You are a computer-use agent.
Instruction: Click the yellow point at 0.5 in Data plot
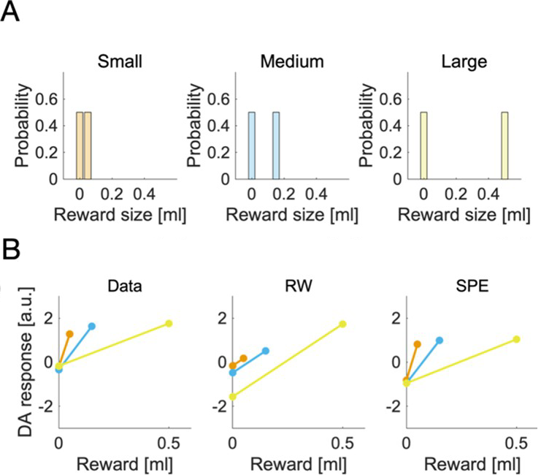click(169, 324)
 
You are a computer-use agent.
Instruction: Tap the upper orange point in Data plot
click(69, 334)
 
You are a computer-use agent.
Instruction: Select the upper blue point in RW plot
click(266, 351)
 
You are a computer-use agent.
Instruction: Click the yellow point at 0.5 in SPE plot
click(517, 339)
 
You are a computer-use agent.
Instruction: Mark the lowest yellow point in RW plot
click(233, 397)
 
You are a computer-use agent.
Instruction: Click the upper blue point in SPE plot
click(440, 341)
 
